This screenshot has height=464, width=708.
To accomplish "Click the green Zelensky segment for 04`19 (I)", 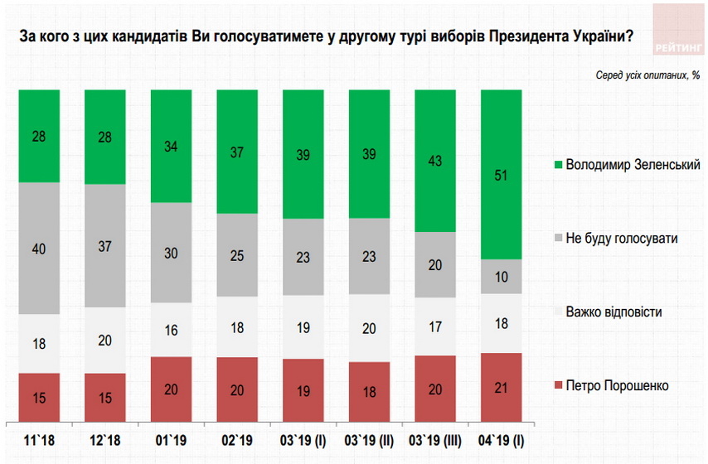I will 501,174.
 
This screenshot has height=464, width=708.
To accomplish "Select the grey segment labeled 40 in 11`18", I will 38,249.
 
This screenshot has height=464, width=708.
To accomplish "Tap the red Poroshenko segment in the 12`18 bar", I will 104,398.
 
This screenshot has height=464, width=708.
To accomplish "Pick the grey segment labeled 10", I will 501,276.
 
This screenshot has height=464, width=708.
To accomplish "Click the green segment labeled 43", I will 435,161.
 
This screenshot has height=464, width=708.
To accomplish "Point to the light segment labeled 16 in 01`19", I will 171,330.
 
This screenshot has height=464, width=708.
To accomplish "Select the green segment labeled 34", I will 171,146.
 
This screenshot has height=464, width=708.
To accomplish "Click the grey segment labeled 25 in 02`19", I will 237,255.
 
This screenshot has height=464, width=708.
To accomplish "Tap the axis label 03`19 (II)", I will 369,437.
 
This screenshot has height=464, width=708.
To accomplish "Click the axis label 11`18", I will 38,437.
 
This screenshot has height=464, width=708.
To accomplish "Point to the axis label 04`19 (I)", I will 501,437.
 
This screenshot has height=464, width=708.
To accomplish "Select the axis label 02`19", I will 237,437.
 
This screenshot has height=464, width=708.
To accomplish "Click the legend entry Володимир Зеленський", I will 633,164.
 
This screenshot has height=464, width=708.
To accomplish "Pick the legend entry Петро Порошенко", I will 617,385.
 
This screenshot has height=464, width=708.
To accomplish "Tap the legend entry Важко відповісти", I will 613,312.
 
